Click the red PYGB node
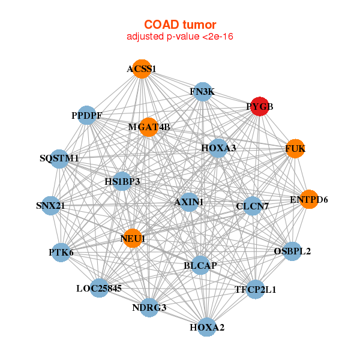259,106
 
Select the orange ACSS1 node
142,69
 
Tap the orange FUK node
295,149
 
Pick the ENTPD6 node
309,199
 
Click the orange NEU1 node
133,238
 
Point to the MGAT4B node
149,127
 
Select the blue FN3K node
203,92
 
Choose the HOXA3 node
218,148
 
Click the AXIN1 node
189,202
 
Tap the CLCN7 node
253,206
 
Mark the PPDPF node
86,115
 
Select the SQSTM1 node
59,159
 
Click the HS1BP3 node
122,181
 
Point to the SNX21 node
50,205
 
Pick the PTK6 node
61,253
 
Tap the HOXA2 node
207,327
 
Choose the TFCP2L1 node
256,289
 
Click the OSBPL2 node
292,251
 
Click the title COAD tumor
180,25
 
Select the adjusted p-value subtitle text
180,37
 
